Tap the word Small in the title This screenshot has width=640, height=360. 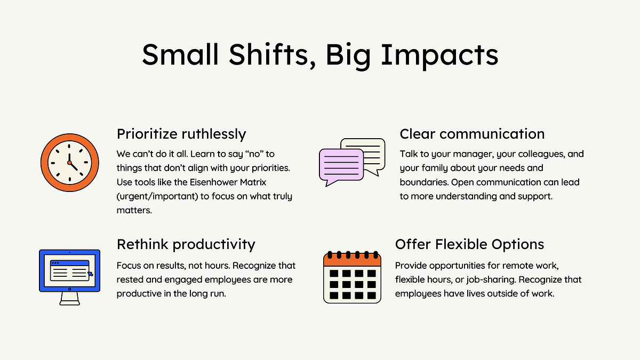tap(180, 54)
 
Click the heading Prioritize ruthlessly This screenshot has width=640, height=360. tap(181, 134)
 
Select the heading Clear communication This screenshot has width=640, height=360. tap(472, 134)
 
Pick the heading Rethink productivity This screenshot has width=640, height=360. tap(186, 245)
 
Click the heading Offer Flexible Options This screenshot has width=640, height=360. tap(469, 244)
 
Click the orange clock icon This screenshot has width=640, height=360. tap(70, 163)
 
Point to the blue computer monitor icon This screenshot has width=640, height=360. tap(70, 277)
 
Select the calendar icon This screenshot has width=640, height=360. tap(353, 277)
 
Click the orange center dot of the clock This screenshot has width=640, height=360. tap(69, 163)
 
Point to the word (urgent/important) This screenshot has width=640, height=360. tap(157, 196)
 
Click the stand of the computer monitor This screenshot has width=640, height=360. tap(70, 299)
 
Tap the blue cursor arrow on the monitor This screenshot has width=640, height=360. tap(90, 274)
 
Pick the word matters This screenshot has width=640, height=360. tap(134, 210)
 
